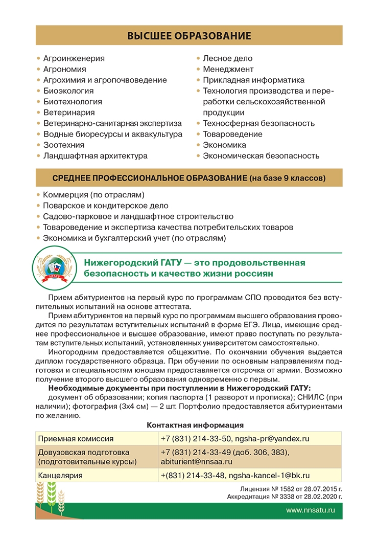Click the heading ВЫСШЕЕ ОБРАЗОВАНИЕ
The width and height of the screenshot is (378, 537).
tap(189, 36)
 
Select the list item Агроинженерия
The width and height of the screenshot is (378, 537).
tap(74, 58)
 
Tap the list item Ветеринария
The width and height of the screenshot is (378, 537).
tap(68, 113)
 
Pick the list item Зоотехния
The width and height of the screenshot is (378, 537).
tap(63, 145)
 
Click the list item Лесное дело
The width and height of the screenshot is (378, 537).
tap(227, 58)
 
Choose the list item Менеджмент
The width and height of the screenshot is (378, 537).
tap(228, 69)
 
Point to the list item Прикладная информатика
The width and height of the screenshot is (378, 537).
tap(253, 80)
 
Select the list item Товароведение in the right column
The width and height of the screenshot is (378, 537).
tap(232, 134)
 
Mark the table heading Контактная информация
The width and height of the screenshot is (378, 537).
tap(195, 425)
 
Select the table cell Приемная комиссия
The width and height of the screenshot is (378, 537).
tap(76, 439)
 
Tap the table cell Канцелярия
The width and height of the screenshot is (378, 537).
tap(60, 476)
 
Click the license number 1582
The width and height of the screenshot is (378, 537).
tap(278, 489)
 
